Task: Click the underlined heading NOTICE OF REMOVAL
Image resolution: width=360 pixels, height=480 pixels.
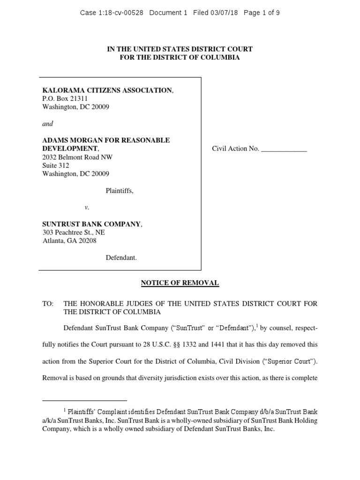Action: coord(180,283)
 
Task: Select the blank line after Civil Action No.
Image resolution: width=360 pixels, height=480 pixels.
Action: coord(284,149)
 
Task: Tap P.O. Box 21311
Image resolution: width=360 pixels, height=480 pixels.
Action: coord(65,98)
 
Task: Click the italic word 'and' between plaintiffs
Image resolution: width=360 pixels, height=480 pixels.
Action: coord(48,124)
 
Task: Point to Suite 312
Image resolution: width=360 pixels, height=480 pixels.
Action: coord(56,165)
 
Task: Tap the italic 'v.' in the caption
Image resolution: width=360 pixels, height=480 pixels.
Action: coord(87,207)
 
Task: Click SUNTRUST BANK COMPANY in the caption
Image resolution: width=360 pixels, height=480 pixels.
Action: coord(91,224)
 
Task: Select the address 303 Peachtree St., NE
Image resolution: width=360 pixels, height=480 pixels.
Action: coord(74,232)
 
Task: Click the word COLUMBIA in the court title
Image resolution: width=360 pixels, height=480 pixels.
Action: coord(217,57)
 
